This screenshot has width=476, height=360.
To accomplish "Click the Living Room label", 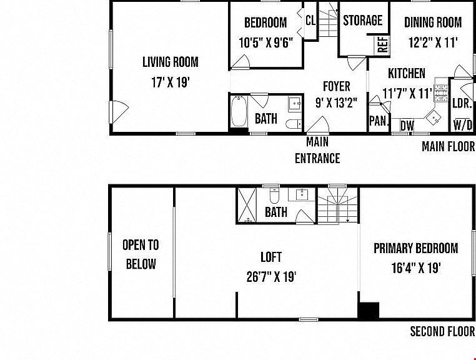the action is click(171, 62).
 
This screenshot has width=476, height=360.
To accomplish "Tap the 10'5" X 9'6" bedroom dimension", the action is click(266, 43).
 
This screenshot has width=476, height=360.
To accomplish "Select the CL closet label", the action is click(310, 21).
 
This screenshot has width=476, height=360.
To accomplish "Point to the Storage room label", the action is click(363, 21).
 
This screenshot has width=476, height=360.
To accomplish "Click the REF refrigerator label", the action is click(383, 44).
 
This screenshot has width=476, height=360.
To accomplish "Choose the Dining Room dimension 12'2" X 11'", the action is click(433, 42).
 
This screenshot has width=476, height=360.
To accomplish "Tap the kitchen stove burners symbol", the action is click(441, 92).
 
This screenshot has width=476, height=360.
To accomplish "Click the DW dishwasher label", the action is click(407, 126).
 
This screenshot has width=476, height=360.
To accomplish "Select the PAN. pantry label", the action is click(379, 121).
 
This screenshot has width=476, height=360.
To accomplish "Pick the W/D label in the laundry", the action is click(463, 125).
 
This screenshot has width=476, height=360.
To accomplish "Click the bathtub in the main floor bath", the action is click(239, 111).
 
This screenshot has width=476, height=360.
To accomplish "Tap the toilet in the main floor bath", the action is click(294, 124).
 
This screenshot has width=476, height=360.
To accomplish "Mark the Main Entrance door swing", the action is click(318, 124).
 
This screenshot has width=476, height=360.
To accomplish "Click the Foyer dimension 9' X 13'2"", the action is click(337, 103).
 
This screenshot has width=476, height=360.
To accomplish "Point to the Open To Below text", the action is click(141, 254).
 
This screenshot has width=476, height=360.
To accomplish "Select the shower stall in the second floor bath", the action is click(247, 206).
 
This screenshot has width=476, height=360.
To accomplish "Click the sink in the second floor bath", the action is click(302, 195).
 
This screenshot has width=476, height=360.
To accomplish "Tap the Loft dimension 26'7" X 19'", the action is click(271, 277).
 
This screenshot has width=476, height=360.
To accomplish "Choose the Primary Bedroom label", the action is click(416, 248).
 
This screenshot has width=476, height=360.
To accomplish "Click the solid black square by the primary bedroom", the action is click(369, 310).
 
